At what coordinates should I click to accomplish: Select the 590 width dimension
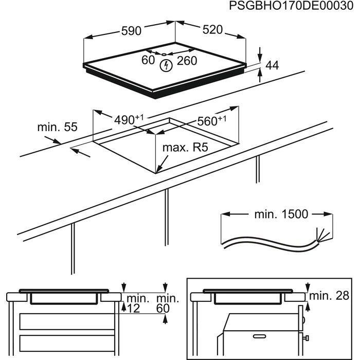point(131,31)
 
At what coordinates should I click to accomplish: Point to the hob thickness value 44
point(273,65)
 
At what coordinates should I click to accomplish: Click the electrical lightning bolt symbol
point(166,66)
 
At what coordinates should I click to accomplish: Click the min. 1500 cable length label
point(273,214)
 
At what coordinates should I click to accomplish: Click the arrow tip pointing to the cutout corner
point(158,171)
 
